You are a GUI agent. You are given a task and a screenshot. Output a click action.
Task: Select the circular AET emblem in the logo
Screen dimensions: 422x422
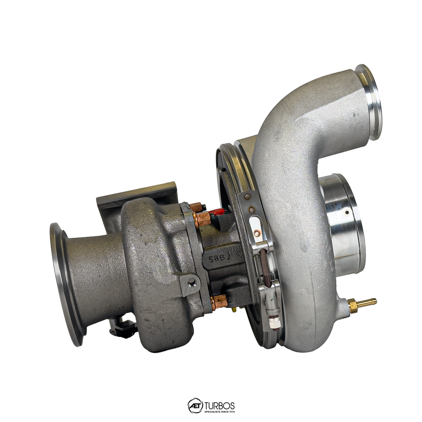[x=195, y=406]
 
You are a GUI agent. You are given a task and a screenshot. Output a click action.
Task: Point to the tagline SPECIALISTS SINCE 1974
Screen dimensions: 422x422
[x=220, y=411]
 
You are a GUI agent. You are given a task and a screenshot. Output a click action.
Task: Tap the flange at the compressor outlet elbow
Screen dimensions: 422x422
[x=369, y=101]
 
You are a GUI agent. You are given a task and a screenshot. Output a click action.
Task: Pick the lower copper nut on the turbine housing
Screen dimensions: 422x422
[x=219, y=302]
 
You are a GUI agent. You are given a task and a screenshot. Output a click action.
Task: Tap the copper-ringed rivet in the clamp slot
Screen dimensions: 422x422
[x=257, y=234]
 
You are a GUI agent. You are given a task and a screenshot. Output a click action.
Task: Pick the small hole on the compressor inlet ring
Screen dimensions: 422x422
[x=347, y=213]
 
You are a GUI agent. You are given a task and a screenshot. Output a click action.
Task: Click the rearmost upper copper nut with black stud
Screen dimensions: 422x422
[x=196, y=206]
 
